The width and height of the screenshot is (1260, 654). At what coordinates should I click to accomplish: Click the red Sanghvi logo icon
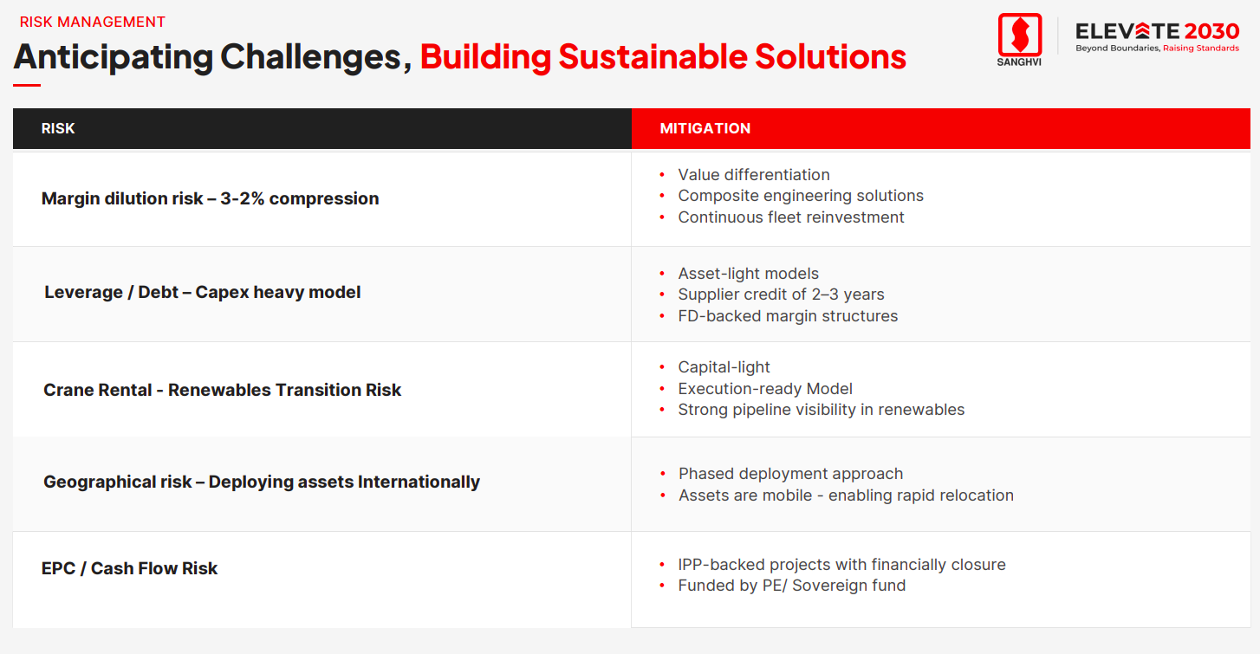1019,35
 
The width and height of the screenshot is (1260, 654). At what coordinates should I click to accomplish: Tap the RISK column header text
58,128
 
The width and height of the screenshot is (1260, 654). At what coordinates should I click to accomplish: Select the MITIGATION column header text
705,128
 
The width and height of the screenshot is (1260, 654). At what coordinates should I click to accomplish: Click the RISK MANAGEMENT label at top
92,22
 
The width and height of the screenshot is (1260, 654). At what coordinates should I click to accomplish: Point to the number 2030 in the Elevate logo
1211,31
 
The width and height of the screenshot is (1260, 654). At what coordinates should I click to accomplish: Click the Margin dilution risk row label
210,198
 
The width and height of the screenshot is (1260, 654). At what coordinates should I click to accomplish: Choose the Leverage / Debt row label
203,293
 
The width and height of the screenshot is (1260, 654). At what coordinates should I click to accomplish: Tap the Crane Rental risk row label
222,390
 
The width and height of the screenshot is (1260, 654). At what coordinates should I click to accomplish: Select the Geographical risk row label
262,482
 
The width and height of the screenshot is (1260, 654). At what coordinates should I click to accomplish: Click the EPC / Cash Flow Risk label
129,568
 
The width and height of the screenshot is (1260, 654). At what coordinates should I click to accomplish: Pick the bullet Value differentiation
754,175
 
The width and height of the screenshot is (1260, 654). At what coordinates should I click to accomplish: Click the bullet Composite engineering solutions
801,196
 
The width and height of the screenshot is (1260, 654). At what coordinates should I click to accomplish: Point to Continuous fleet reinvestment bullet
791,217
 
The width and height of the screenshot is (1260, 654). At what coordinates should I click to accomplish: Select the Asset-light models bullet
748,274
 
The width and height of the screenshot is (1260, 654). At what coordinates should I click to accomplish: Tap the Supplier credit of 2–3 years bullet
781,295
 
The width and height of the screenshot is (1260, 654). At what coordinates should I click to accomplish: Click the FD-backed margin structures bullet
788,316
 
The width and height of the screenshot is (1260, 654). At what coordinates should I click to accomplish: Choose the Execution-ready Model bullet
765,389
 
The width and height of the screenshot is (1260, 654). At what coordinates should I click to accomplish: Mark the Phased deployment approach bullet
790,474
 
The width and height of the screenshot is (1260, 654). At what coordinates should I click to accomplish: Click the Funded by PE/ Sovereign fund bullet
791,586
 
